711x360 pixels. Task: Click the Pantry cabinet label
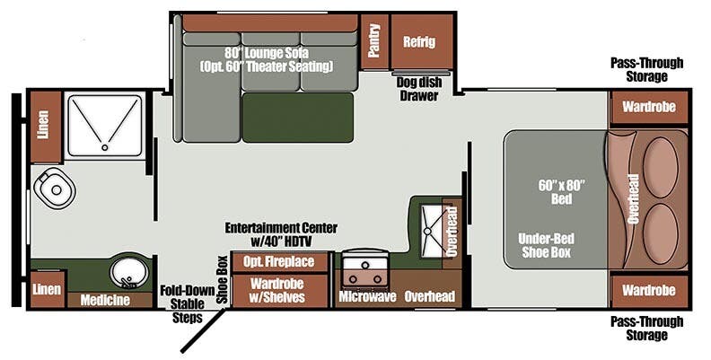point(374,41)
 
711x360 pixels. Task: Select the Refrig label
point(418,41)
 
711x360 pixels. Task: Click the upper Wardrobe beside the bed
point(649,107)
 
